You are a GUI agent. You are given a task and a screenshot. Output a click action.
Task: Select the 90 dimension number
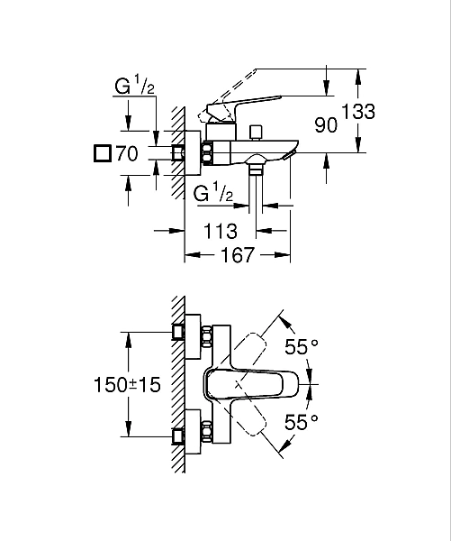tap(326, 124)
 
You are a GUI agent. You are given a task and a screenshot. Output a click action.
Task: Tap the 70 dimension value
tap(127, 153)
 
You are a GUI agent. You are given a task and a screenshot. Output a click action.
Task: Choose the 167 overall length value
tap(237, 256)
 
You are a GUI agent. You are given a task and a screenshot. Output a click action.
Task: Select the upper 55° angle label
tap(302, 347)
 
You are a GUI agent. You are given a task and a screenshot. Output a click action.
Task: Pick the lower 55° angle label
tap(302, 422)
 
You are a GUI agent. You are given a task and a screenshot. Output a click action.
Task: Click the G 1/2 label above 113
tap(215, 192)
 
